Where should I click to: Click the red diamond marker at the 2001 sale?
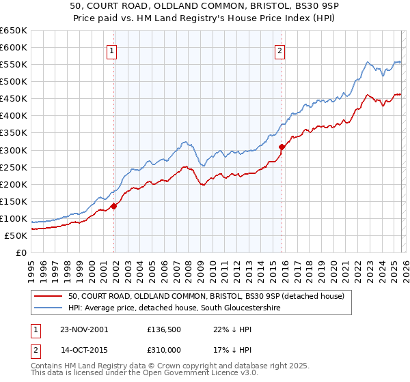[x=114, y=205]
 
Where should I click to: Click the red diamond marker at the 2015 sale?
[x=282, y=146]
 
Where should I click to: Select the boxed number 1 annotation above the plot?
[x=111, y=49]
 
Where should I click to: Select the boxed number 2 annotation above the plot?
[x=280, y=49]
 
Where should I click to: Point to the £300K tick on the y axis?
[x=13, y=150]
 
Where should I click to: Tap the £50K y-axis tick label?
[x=16, y=235]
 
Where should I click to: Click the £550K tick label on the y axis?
[x=13, y=64]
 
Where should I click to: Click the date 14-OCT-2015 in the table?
[x=83, y=352]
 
